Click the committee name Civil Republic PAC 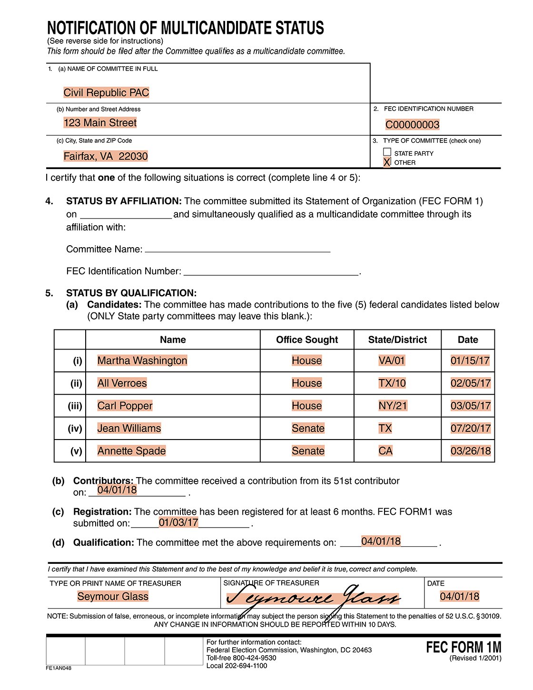pyautogui.click(x=106, y=92)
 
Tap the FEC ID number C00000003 pyautogui.click(x=412, y=125)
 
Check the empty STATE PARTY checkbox pyautogui.click(x=387, y=152)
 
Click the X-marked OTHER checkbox pyautogui.click(x=387, y=162)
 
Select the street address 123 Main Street pyautogui.click(x=100, y=123)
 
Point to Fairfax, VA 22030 pyautogui.click(x=106, y=156)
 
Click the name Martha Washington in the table pyautogui.click(x=142, y=360)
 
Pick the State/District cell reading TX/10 pyautogui.click(x=392, y=383)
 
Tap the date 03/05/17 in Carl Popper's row pyautogui.click(x=470, y=406)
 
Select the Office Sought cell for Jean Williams pyautogui.click(x=308, y=428)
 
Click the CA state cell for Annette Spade pyautogui.click(x=385, y=451)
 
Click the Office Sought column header pyautogui.click(x=307, y=340)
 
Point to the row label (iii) pyautogui.click(x=75, y=406)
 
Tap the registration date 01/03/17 pyautogui.click(x=178, y=522)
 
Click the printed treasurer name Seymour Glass pyautogui.click(x=113, y=596)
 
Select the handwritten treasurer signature pyautogui.click(x=314, y=598)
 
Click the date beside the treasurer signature pyautogui.click(x=459, y=596)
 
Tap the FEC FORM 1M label pyautogui.click(x=463, y=647)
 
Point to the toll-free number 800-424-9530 pyautogui.click(x=254, y=658)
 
